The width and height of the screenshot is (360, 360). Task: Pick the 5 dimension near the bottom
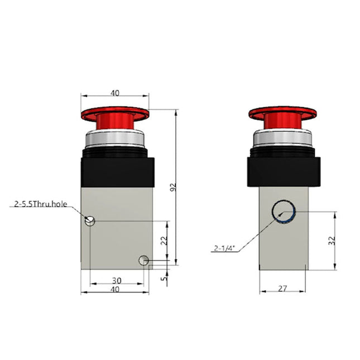point(164,276)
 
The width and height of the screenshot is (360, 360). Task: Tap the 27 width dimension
point(283,289)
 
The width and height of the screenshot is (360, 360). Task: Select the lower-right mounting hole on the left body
point(144,260)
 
